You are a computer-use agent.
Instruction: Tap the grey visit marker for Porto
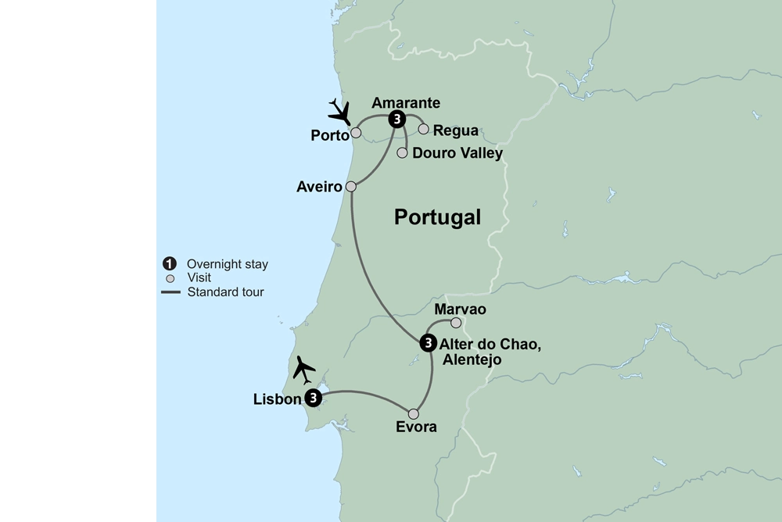point(356,133)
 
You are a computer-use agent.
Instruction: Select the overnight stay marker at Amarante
point(397,119)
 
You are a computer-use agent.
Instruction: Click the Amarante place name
point(406,102)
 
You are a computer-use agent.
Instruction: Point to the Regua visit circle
point(424,129)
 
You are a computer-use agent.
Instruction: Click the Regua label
point(455,130)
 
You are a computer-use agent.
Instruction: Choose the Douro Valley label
point(457,154)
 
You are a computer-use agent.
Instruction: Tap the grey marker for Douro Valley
point(403,153)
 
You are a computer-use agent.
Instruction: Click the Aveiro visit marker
point(351,187)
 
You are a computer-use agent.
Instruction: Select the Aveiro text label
point(319,188)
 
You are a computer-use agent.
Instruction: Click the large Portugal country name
point(437,217)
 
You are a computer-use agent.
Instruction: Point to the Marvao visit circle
point(457,323)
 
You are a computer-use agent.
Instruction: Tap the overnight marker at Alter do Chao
point(428,342)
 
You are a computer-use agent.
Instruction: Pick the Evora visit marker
point(414,414)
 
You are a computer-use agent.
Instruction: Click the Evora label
point(415,428)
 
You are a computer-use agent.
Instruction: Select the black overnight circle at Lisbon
point(313,399)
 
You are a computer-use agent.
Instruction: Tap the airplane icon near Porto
point(340,112)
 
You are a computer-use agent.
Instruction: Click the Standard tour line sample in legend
point(170,293)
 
